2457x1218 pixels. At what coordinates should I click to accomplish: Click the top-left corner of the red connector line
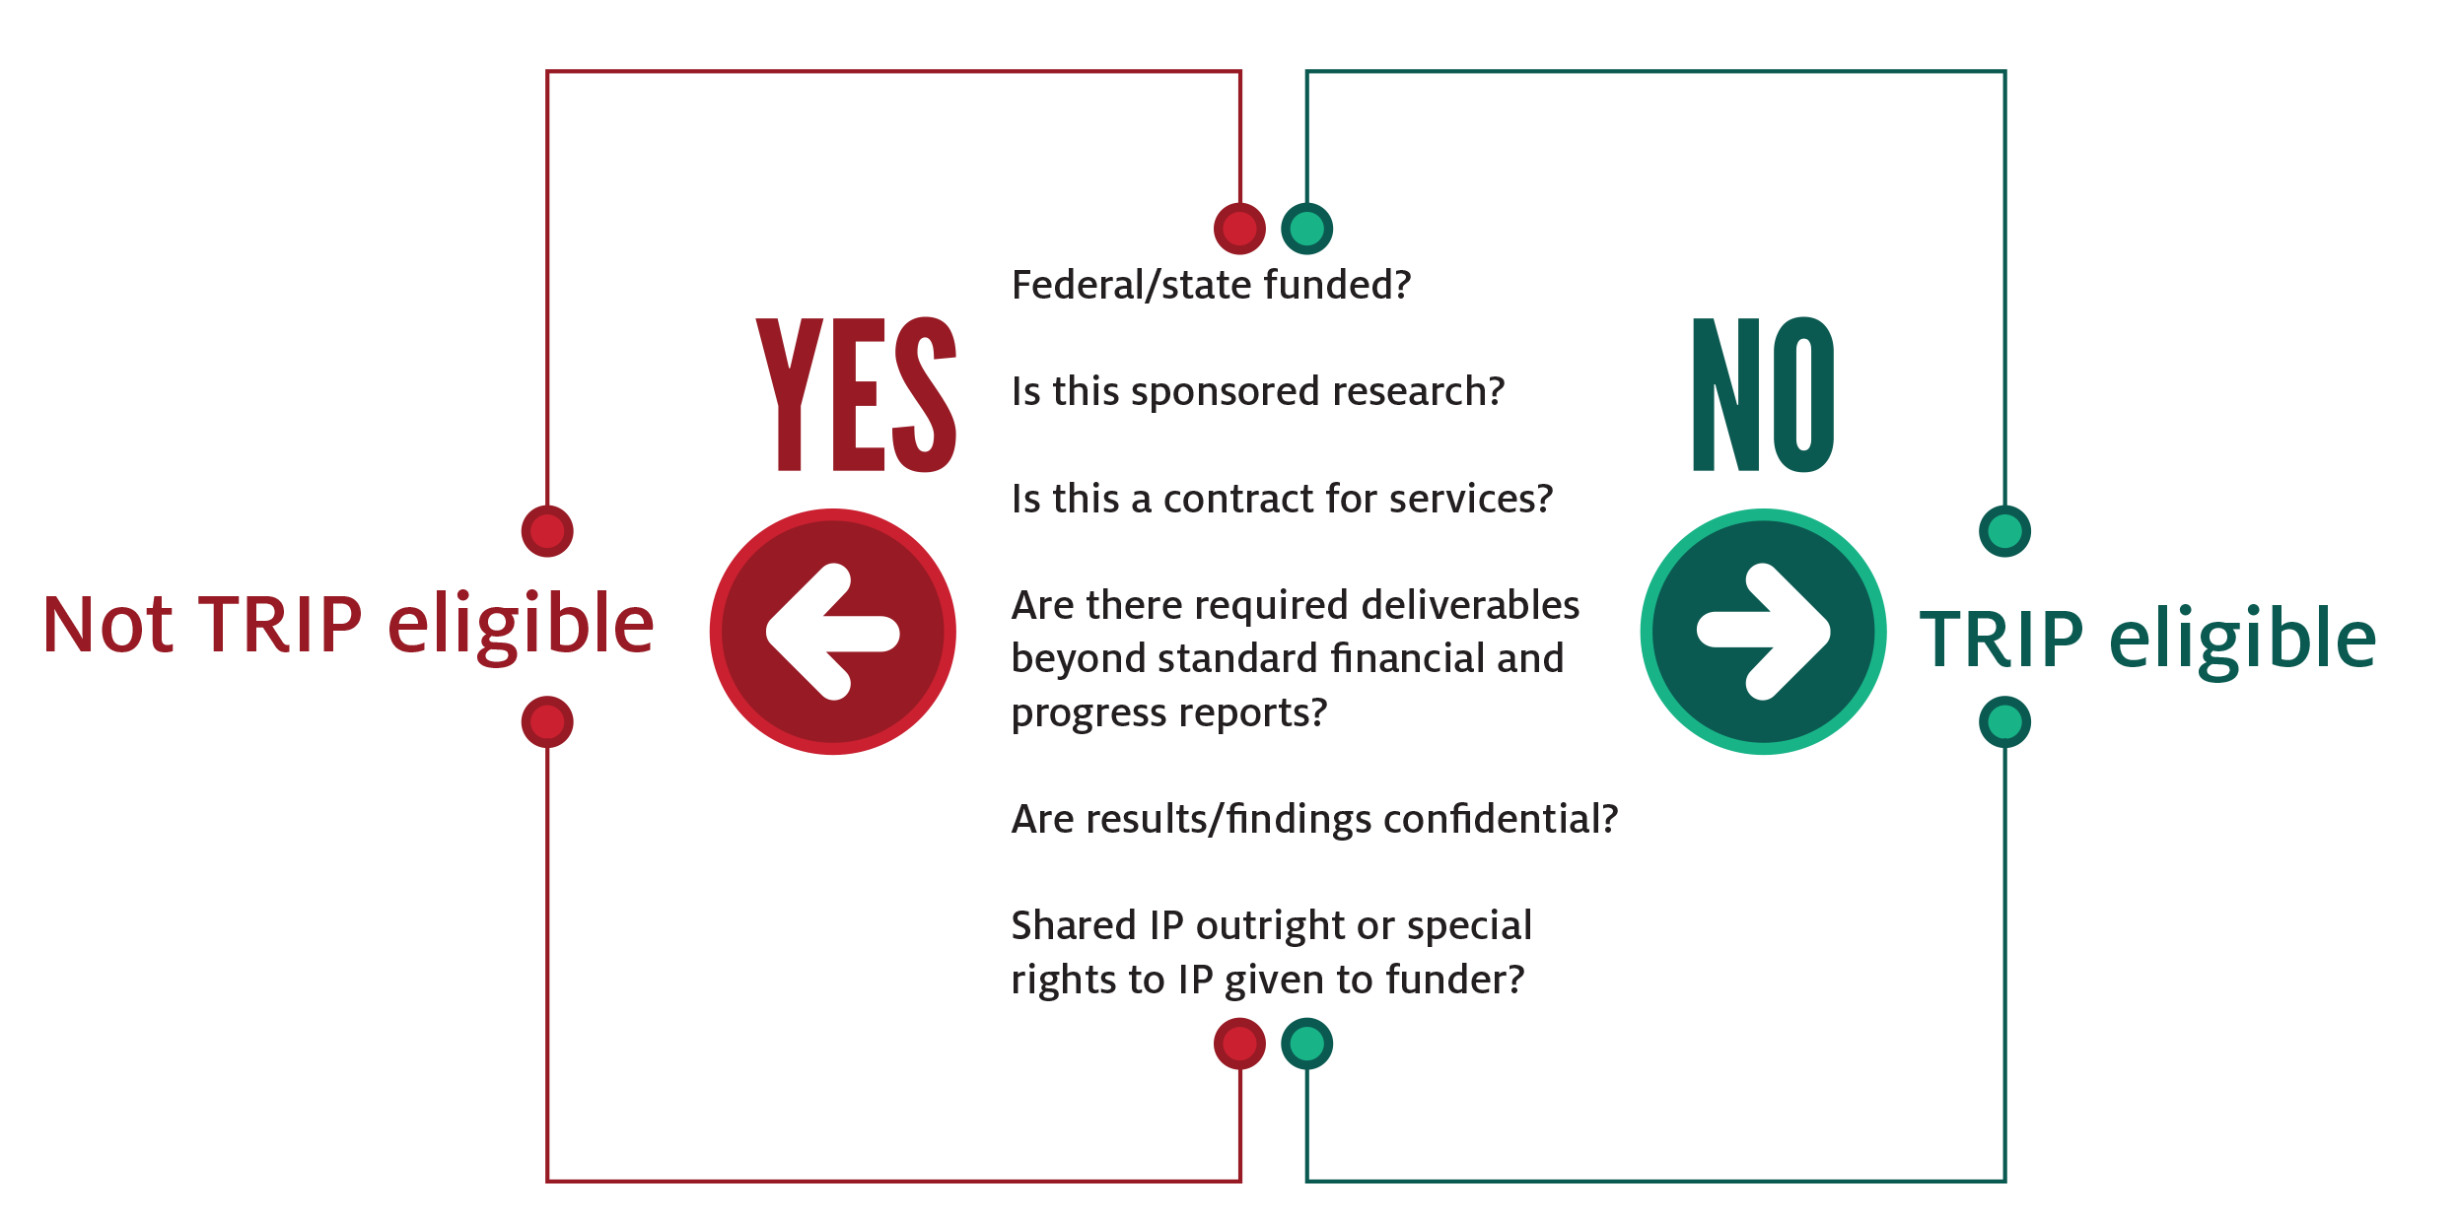click(548, 72)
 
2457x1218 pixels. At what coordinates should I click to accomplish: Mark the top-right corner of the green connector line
click(2004, 72)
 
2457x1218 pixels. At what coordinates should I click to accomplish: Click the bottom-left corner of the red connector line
click(548, 1180)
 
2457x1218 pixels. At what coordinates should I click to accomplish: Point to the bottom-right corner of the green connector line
click(2004, 1180)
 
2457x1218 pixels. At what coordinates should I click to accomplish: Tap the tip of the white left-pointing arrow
click(768, 633)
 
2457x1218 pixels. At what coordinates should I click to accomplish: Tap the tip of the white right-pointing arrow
click(1829, 632)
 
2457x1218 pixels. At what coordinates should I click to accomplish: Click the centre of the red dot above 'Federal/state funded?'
click(1239, 229)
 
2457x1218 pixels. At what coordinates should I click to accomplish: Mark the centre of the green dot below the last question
click(1307, 1044)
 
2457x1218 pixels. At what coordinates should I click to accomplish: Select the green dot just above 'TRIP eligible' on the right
click(2004, 531)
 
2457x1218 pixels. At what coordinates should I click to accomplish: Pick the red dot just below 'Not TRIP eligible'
click(547, 722)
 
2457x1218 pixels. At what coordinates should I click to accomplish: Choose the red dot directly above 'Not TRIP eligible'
click(547, 531)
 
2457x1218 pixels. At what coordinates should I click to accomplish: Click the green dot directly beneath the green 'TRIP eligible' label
click(2004, 722)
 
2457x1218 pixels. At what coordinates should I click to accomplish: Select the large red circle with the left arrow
click(833, 632)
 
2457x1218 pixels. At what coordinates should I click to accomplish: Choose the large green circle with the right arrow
click(1764, 632)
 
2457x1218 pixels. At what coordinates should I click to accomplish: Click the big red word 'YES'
click(856, 394)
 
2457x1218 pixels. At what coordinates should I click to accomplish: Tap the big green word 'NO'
click(1763, 394)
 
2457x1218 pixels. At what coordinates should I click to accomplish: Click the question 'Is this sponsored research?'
click(1258, 391)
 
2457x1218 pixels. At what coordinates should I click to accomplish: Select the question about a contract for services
click(1282, 499)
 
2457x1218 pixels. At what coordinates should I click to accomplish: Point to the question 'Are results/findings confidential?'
click(1314, 819)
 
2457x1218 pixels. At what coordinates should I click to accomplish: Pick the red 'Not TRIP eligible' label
click(348, 625)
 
